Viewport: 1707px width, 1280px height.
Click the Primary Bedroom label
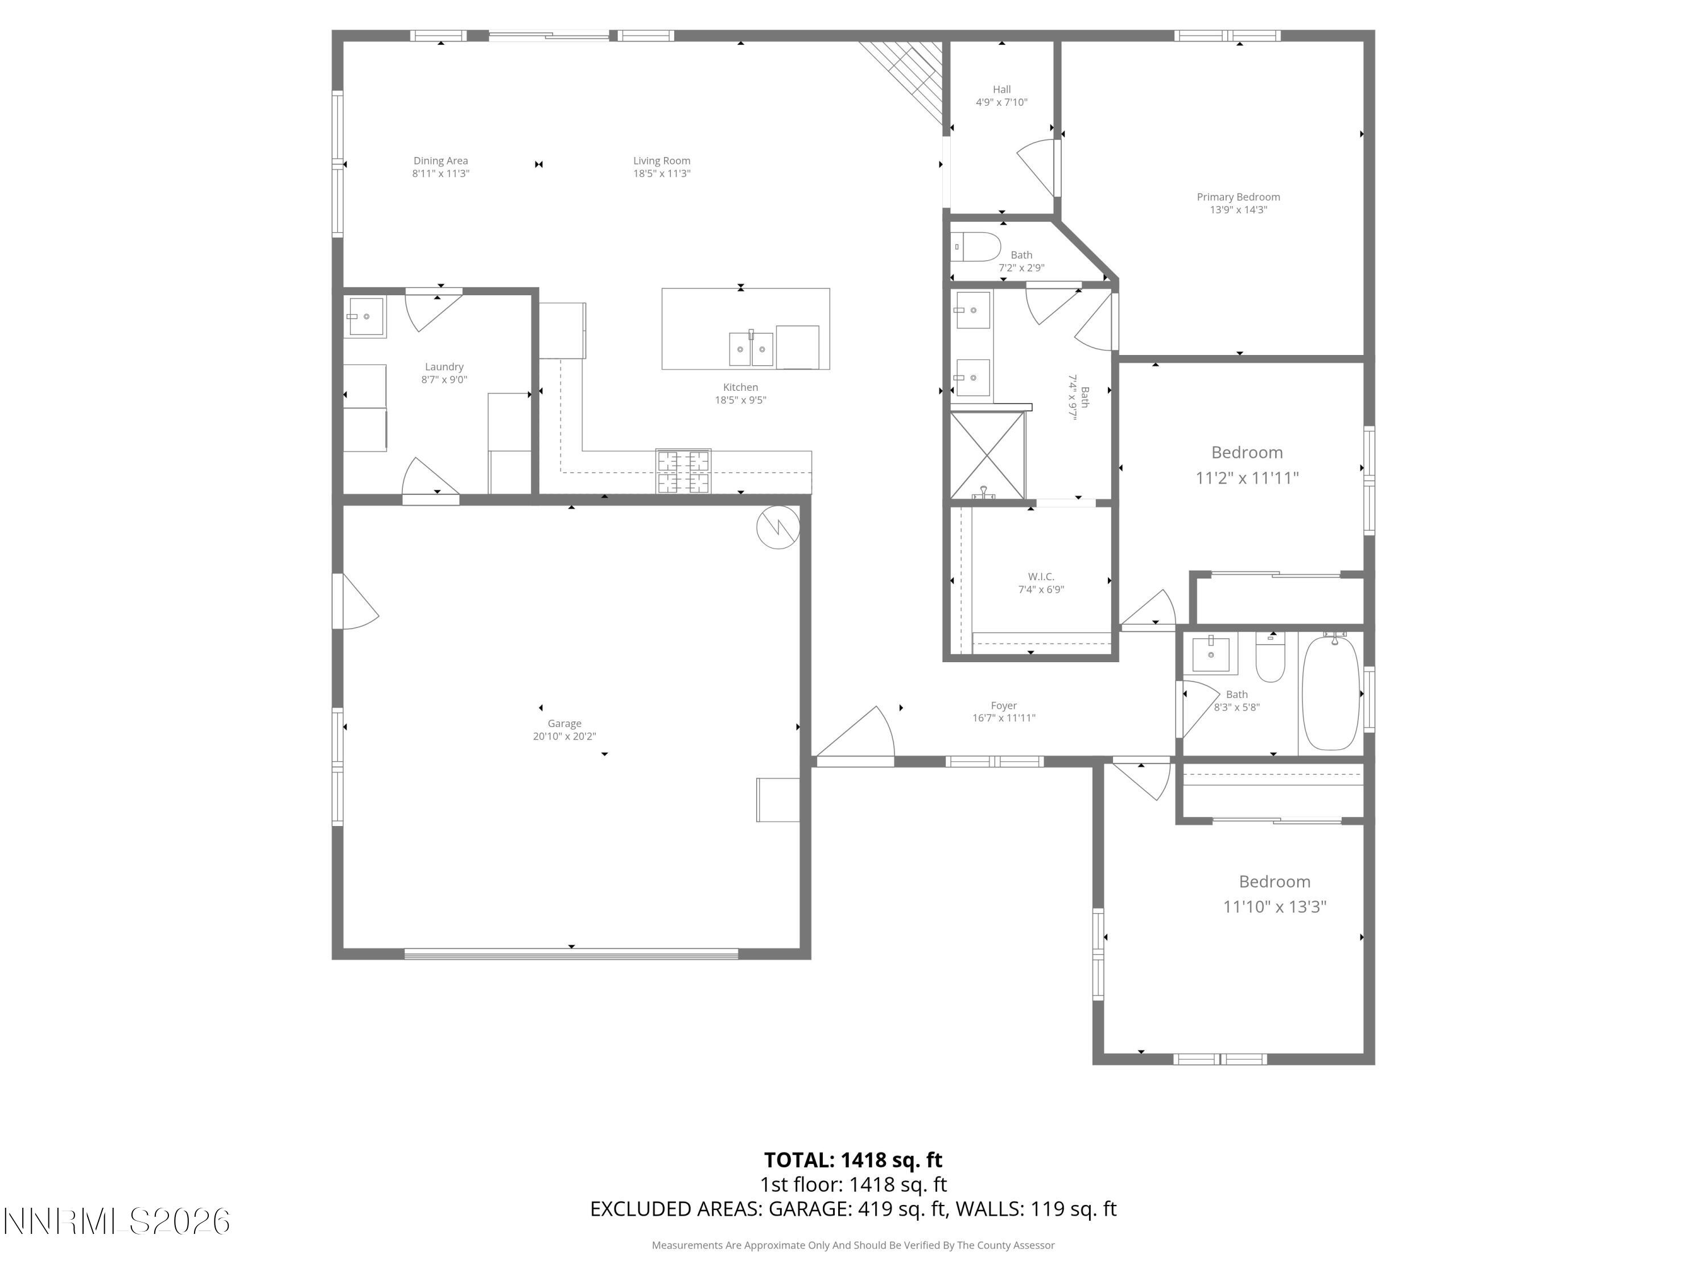pos(1238,197)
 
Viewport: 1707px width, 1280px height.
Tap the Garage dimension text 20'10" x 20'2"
pos(564,737)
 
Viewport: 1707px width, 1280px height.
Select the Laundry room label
pos(444,368)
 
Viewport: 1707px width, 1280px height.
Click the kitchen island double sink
pos(751,349)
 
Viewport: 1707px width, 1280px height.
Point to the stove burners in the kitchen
pos(683,470)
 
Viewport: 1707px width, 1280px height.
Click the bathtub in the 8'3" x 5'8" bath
pos(1330,692)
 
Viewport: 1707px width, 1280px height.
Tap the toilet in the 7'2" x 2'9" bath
pos(976,247)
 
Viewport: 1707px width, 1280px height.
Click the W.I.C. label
pos(1040,577)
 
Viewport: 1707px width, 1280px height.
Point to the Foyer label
pos(1003,706)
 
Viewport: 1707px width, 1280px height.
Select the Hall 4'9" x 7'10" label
pos(1001,96)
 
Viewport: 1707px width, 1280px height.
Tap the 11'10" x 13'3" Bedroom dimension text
pos(1274,907)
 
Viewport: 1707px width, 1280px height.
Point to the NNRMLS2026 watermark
pos(117,1221)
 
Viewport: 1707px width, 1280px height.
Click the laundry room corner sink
pos(365,317)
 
